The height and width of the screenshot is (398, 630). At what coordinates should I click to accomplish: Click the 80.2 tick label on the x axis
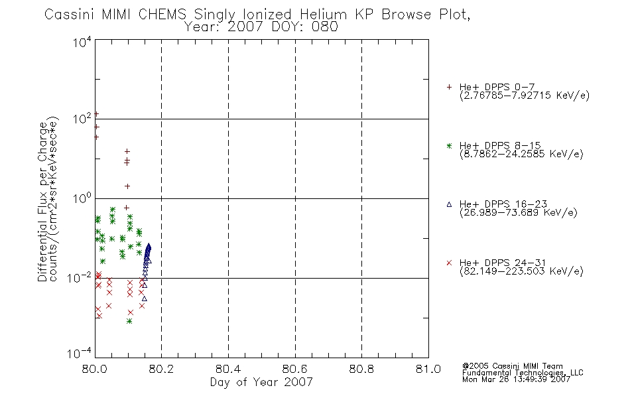pos(161,369)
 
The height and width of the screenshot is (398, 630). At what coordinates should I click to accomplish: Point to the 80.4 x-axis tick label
pos(228,369)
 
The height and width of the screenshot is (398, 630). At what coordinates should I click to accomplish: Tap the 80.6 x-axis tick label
pos(295,369)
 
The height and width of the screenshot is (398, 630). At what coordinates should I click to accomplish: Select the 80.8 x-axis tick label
pos(361,369)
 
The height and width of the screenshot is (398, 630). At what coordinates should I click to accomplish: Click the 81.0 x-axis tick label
pos(428,369)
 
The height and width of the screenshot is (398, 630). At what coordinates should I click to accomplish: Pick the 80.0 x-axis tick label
pos(94,369)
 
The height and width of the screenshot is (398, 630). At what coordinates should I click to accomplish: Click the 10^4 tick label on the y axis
pos(82,42)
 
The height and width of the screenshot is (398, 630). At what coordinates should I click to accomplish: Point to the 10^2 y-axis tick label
pos(82,119)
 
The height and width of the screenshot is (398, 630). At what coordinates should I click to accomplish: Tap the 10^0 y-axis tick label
pos(82,198)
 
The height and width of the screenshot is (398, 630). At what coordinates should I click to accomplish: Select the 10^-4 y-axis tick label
pos(80,354)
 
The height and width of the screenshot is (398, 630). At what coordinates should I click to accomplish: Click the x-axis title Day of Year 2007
pos(261,382)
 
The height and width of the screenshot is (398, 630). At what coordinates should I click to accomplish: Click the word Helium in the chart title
pos(323,15)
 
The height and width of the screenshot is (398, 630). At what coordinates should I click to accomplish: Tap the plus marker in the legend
pos(449,87)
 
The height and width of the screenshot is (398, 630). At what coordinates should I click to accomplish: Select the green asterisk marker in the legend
pos(449,146)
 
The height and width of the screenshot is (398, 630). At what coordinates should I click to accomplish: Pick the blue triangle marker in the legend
pos(449,204)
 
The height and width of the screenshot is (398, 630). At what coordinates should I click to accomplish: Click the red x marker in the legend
pos(449,263)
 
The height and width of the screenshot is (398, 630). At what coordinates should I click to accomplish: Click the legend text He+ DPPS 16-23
pos(503,204)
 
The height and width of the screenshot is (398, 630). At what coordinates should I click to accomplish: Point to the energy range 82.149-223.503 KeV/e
pos(521,271)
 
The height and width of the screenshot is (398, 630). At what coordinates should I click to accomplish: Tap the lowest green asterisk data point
pos(129,321)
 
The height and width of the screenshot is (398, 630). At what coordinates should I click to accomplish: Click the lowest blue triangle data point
pos(145,298)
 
